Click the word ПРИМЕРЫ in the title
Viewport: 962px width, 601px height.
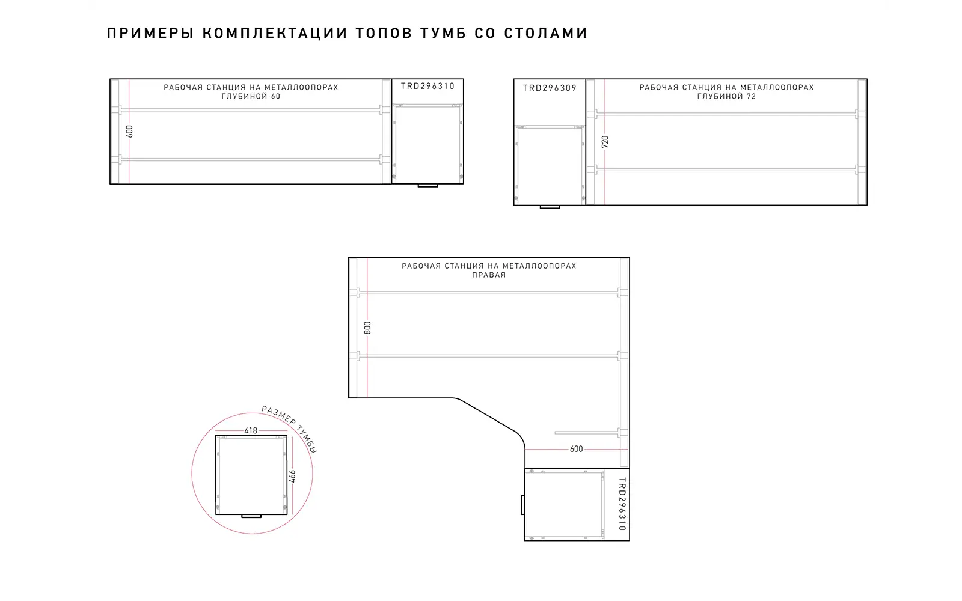150,34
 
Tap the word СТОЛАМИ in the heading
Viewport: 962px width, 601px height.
545,34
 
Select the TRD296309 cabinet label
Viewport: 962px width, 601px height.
550,88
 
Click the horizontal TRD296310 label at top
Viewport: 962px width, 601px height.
427,87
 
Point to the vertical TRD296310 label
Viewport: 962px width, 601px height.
622,504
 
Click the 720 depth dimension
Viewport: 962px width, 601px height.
605,142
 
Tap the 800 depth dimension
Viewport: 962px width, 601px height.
367,328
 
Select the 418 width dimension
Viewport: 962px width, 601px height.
251,430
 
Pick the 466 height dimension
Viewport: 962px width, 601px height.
292,477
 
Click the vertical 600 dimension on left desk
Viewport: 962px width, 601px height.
130,132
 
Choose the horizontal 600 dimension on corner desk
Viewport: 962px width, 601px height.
577,449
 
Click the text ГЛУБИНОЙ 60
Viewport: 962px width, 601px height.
251,96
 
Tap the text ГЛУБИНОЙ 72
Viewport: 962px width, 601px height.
727,96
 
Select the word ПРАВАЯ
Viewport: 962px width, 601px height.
489,275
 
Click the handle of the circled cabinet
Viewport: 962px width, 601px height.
251,516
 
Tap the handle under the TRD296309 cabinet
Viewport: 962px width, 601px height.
550,207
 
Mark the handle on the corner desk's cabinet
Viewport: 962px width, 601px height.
522,504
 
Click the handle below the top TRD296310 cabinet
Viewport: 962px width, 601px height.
427,186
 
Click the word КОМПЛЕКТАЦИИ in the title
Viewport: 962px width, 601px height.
275,34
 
